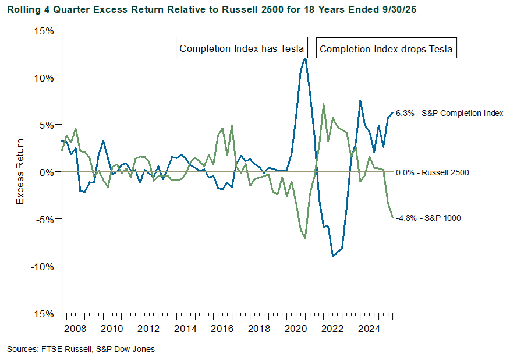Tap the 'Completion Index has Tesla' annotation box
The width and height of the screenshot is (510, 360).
pos(241,48)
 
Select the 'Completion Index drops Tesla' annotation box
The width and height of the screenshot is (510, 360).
pos(386,49)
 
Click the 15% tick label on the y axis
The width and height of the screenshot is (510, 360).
pos(43,30)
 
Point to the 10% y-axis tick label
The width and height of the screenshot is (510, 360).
pos(43,77)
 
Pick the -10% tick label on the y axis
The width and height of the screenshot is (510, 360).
pos(41,266)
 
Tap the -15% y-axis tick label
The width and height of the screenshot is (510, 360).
pos(41,313)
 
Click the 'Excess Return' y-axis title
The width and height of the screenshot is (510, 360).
pos(20,172)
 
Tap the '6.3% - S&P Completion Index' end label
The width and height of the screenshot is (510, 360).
pos(449,113)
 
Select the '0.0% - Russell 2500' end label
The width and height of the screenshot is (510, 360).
pos(432,172)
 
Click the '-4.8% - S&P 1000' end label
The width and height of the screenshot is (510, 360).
pos(428,218)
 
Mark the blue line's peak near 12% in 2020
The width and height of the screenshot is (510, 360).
pos(305,58)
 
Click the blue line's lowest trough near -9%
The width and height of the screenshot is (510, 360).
pos(332,256)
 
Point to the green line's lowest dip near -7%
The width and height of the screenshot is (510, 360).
pos(305,238)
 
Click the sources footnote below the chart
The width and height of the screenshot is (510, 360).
pos(81,349)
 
